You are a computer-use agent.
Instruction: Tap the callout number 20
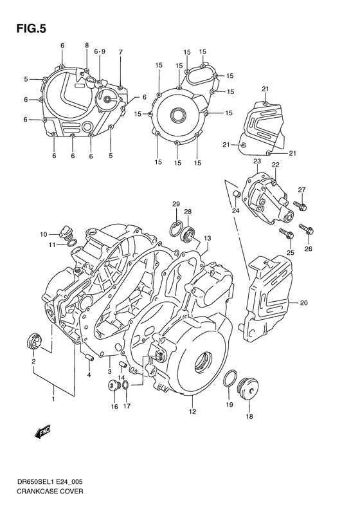(303, 302)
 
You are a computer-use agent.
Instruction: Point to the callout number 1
(54, 399)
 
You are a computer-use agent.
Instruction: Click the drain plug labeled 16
(113, 386)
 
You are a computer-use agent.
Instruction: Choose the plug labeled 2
(32, 339)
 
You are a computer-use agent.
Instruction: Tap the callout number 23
(256, 161)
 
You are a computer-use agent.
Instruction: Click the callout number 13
(207, 238)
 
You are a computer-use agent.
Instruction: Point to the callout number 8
(87, 45)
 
